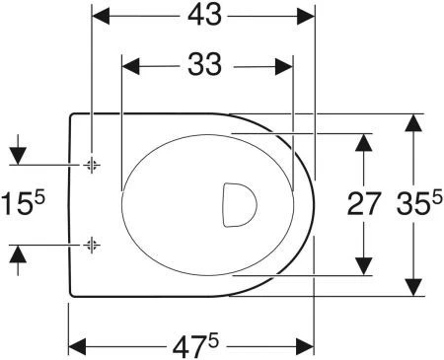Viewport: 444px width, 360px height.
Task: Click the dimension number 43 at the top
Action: [204, 15]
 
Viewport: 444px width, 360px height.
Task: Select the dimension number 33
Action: [204, 64]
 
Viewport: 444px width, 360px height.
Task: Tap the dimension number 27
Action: [364, 204]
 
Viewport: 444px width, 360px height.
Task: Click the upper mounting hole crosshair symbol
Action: [92, 164]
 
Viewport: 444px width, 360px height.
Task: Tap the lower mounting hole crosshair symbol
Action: [92, 245]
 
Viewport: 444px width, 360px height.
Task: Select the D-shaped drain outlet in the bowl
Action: [240, 205]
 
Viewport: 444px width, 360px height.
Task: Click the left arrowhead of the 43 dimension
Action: [101, 16]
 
